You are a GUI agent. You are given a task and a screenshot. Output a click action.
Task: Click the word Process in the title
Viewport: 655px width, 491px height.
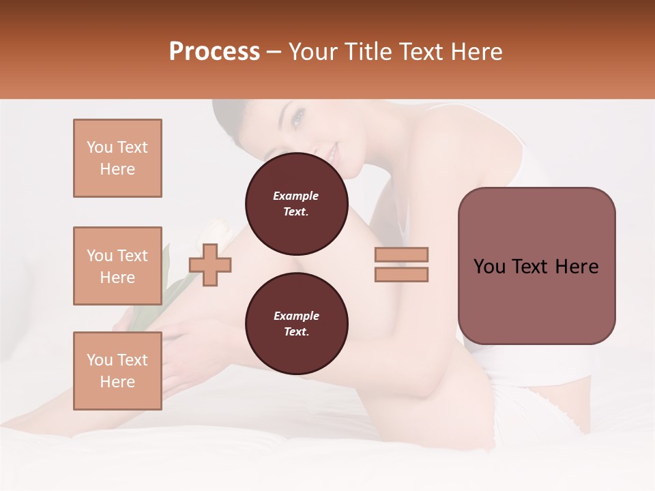point(214,52)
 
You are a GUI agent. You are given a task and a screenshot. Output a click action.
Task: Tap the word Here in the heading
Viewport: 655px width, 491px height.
point(475,52)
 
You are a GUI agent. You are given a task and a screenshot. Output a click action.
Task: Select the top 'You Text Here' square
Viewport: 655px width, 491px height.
point(117,158)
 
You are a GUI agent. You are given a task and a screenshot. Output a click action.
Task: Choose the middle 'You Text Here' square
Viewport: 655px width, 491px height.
point(117,266)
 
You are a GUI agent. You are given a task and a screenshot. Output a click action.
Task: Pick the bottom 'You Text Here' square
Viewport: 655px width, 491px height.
point(117,371)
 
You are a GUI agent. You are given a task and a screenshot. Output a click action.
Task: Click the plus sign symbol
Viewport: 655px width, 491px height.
point(210,265)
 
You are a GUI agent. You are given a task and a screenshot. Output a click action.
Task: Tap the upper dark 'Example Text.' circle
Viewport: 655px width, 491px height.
point(296,204)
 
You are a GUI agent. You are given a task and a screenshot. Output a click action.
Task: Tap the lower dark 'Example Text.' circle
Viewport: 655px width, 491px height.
point(296,324)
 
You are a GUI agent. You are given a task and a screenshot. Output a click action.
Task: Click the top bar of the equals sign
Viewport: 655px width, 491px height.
point(401,254)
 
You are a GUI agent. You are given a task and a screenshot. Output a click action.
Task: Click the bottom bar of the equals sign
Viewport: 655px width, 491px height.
point(401,274)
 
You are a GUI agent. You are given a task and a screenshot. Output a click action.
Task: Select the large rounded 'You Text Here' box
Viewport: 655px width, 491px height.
point(536,266)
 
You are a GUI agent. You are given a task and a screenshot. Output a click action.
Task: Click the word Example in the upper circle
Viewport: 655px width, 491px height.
point(296,196)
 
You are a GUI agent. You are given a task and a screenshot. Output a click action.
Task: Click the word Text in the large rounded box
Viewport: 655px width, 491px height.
point(529,267)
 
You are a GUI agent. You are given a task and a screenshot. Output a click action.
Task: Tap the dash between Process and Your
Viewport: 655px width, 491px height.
point(274,53)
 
